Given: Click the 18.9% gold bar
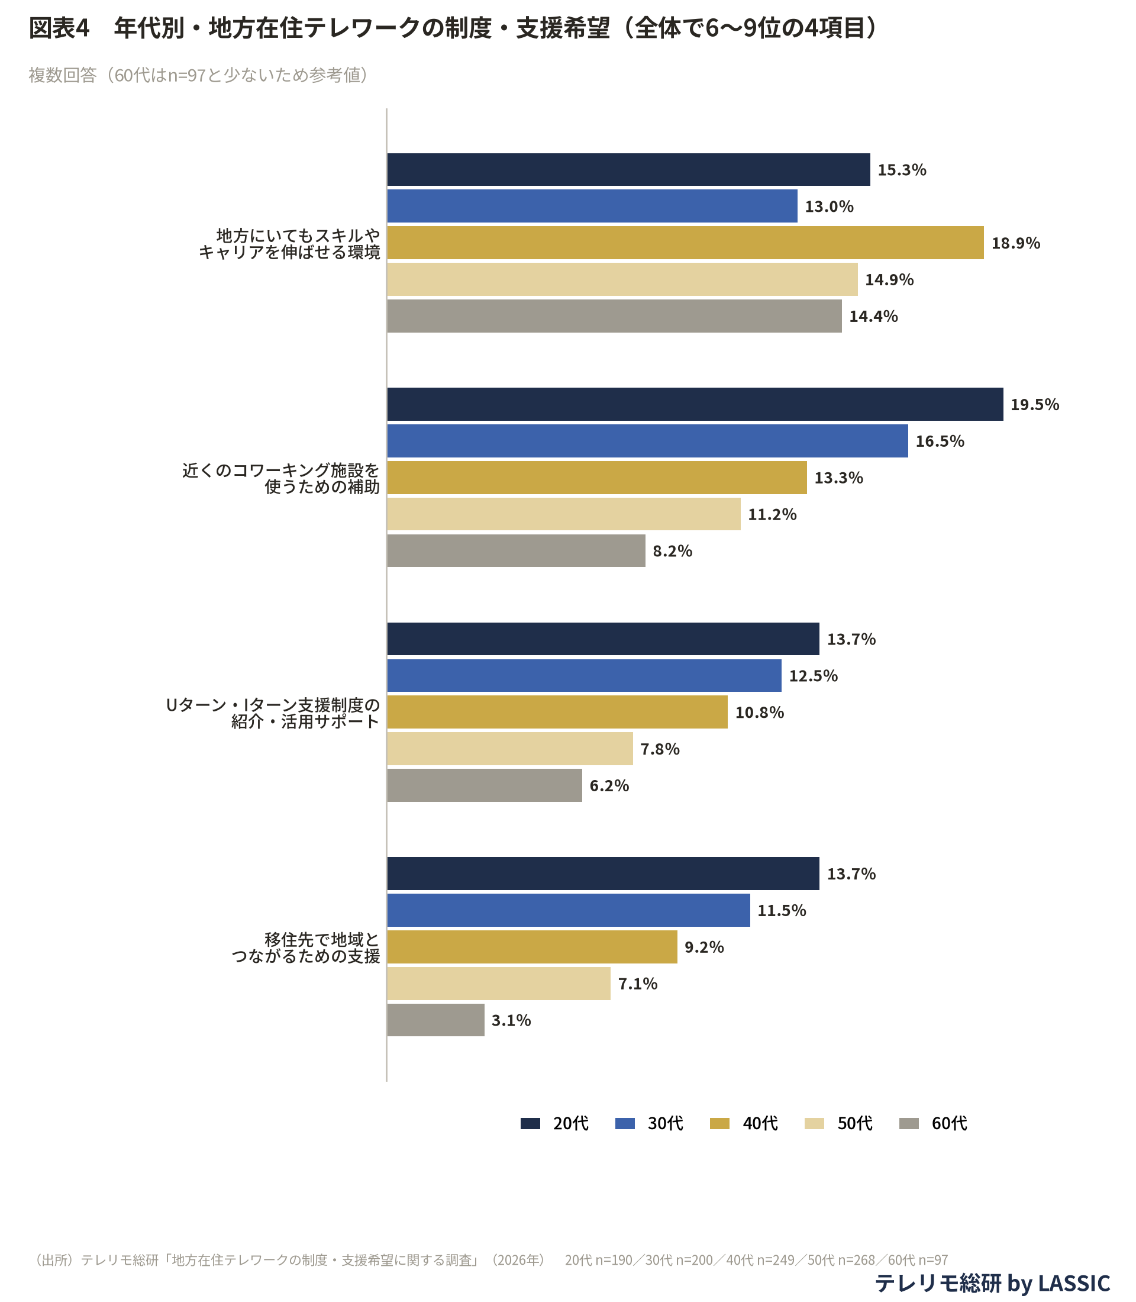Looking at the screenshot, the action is point(685,243).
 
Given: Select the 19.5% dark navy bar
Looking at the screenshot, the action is point(695,404).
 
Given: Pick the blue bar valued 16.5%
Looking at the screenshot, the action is point(647,441).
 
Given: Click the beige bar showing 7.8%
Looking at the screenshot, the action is point(509,748).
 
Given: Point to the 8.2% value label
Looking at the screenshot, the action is point(672,551).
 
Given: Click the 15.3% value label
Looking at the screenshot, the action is point(902,170).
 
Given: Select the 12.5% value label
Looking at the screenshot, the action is point(813,676).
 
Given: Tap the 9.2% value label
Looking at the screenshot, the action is point(703,947).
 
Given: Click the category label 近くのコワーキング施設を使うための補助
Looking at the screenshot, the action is point(281,478).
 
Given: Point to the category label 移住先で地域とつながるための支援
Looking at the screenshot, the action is point(305,948).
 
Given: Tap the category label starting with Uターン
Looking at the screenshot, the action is point(273,713).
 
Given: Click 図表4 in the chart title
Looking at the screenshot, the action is point(59,28).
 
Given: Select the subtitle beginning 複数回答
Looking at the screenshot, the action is point(198,75).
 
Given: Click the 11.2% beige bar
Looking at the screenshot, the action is point(563,514).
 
